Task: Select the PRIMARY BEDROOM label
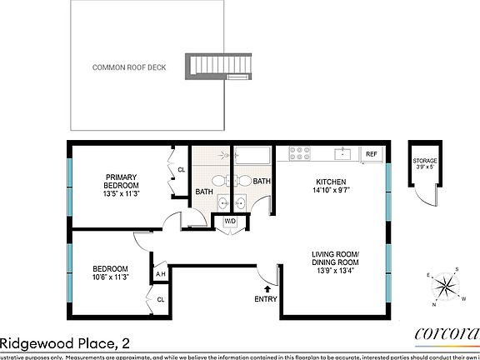[x=122, y=180]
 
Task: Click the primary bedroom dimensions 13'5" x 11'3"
[x=122, y=193]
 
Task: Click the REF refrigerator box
[x=371, y=154]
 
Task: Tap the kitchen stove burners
[x=300, y=153]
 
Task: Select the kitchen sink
[x=342, y=153]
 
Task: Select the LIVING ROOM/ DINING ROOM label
[x=335, y=259]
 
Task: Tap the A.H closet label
[x=160, y=274]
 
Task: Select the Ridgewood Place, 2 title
[x=64, y=342]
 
